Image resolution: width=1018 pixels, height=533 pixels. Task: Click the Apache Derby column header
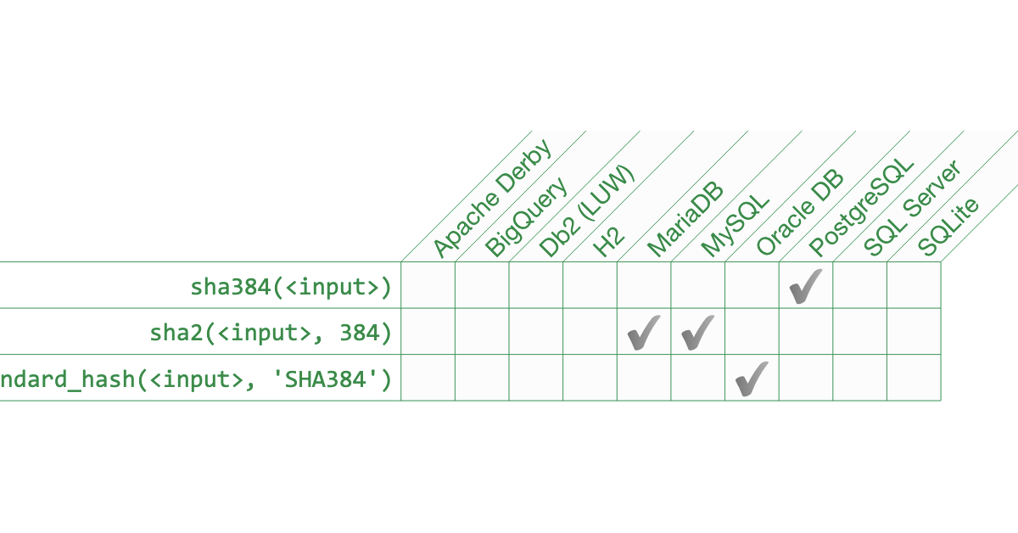[492, 197]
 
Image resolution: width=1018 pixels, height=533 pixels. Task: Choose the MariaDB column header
[685, 220]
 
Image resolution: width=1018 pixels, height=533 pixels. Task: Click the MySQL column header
[736, 223]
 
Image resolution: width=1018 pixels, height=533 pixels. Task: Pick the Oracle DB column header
[799, 212]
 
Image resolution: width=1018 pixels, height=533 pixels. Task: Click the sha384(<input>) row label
[291, 287]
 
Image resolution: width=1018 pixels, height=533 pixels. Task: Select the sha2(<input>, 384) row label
[271, 333]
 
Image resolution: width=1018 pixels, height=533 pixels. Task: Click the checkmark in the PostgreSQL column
[805, 286]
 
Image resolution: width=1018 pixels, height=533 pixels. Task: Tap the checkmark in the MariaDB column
[644, 332]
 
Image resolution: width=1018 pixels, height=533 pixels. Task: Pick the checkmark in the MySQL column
[697, 332]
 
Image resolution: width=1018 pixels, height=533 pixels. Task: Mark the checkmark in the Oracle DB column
[752, 378]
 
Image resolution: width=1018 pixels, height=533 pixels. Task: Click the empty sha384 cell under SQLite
[914, 285]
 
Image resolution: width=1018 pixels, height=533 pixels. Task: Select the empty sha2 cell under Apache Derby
[428, 332]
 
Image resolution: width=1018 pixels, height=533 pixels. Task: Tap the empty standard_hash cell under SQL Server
[860, 378]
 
